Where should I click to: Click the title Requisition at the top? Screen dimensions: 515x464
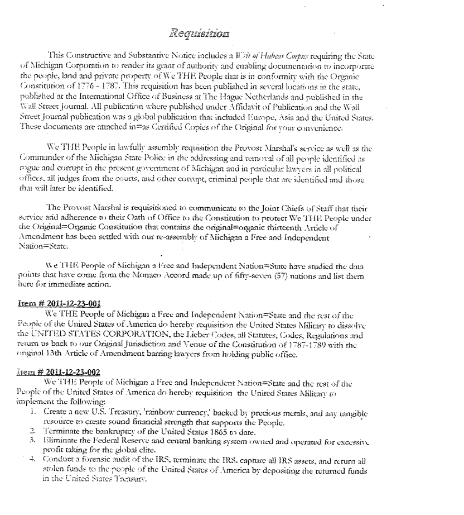(x=201, y=33)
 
